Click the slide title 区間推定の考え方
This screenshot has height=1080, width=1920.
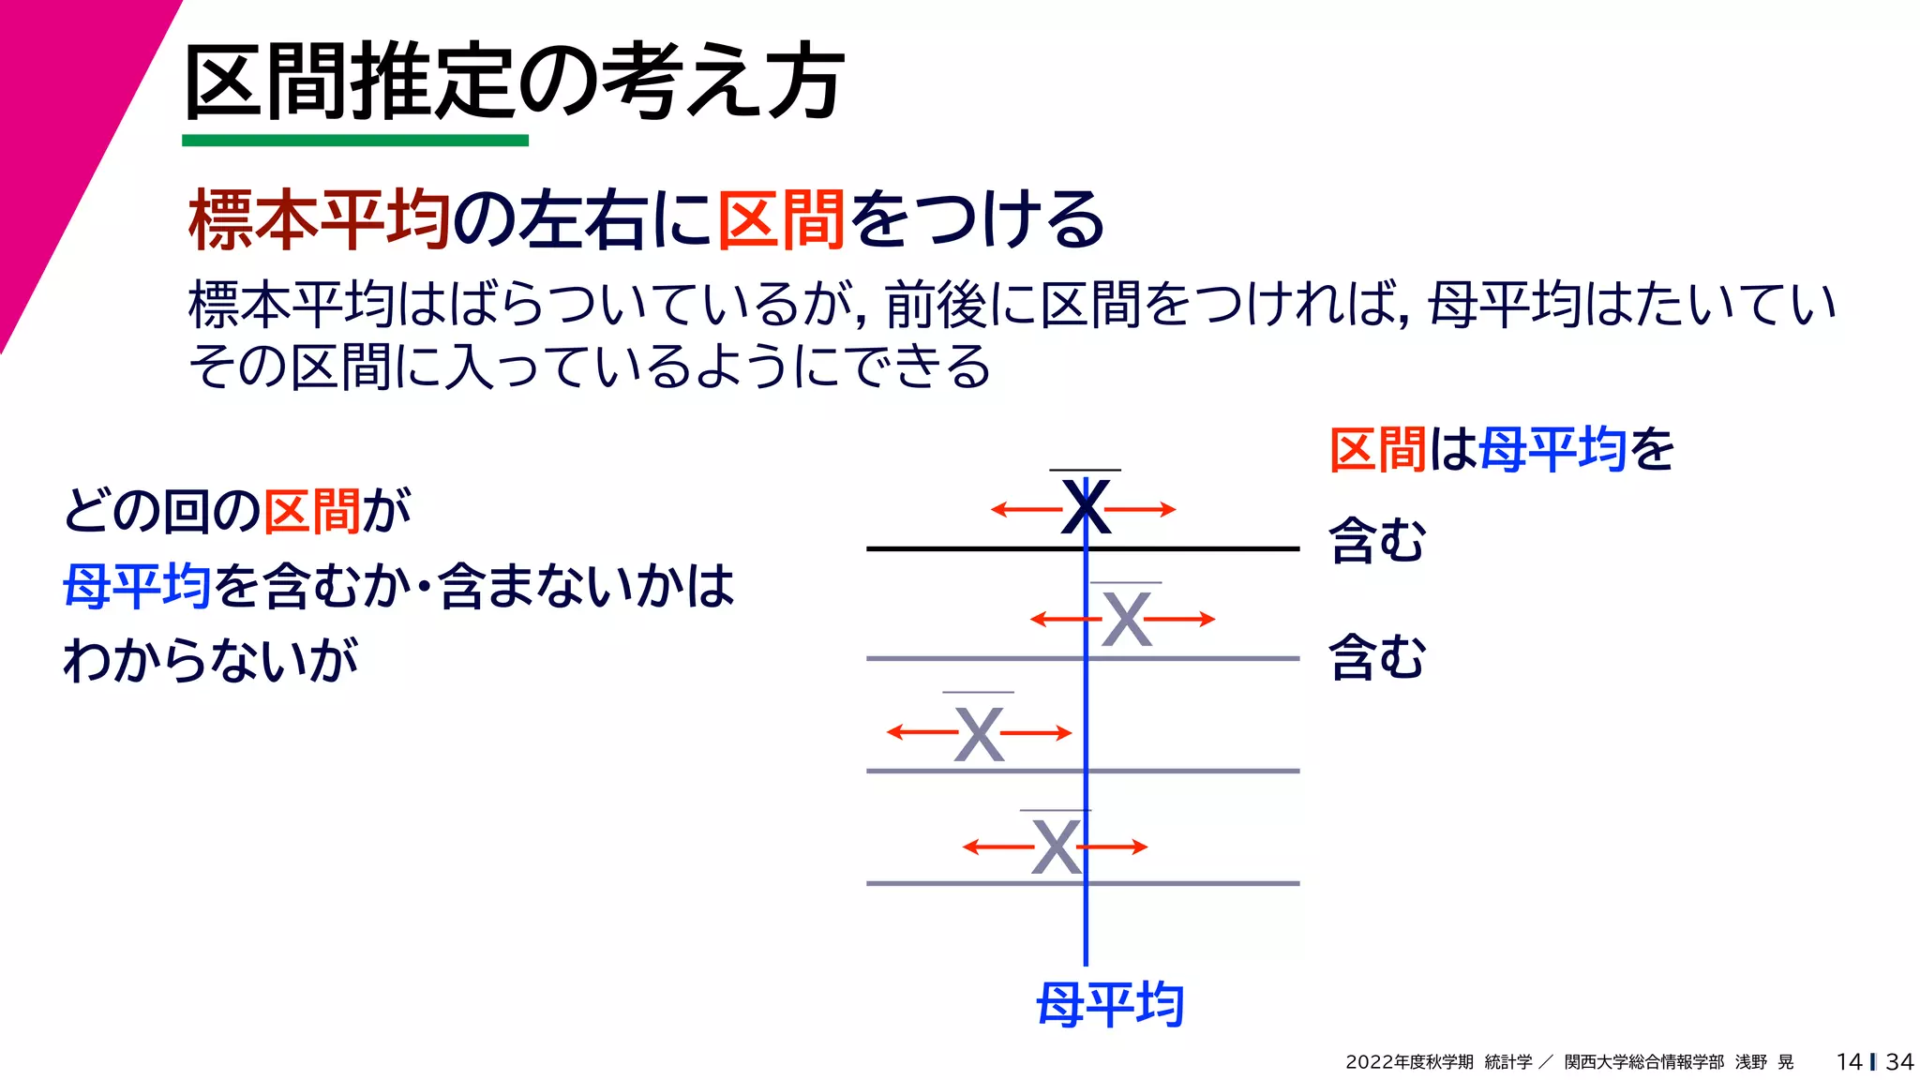[x=514, y=82]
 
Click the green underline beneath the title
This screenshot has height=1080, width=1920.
[x=355, y=141]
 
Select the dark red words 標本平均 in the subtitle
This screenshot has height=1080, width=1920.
[x=320, y=219]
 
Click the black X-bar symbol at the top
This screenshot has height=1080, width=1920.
[x=1086, y=507]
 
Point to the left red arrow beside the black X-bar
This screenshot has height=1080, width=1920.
[x=1026, y=510]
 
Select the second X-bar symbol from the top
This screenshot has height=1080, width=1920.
[x=1126, y=619]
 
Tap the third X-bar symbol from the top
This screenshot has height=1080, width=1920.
[x=979, y=733]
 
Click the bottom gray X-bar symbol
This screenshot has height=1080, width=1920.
[x=1056, y=847]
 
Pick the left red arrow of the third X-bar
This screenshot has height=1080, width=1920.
[x=921, y=732]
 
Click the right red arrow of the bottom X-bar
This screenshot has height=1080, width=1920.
[x=1116, y=847]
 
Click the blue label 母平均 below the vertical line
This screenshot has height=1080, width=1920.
[x=1110, y=1005]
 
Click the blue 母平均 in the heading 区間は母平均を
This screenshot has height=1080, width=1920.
[x=1552, y=449]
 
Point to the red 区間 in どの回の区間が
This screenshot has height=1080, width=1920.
[x=312, y=512]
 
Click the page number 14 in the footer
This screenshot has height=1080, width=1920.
[x=1849, y=1062]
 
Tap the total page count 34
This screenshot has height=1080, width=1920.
[x=1899, y=1062]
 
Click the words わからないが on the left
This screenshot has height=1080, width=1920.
[x=211, y=659]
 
